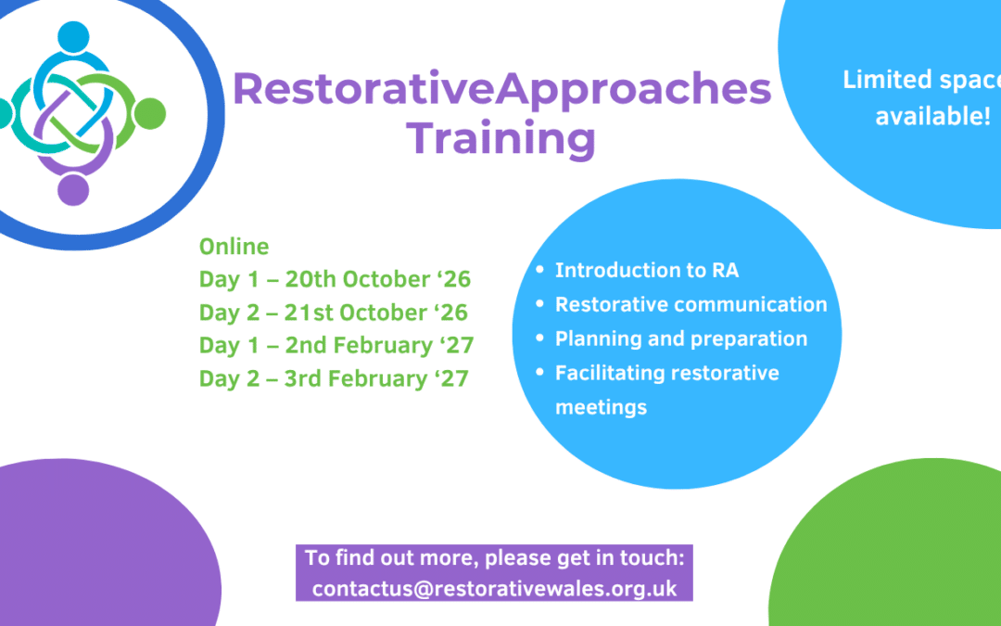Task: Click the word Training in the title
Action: pos(500,138)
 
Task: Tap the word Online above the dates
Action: pos(234,246)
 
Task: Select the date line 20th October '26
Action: pos(336,279)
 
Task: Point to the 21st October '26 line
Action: pos(334,313)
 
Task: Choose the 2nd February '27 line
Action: pos(336,346)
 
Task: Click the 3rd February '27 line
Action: pos(334,378)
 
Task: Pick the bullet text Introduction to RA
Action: pos(647,270)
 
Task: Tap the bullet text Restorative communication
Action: pos(691,304)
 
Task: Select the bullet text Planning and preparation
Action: pos(681,339)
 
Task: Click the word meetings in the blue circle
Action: pos(601,407)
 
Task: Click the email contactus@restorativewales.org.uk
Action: pos(494,588)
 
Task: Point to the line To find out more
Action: pos(494,557)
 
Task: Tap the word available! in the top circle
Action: pos(932,116)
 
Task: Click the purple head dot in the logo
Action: pos(73,190)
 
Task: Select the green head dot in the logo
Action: pos(150,114)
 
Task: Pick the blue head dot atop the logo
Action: pos(73,37)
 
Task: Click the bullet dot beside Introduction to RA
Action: pos(540,270)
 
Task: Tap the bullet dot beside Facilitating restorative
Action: pos(540,372)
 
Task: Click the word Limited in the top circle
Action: pos(880,80)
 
